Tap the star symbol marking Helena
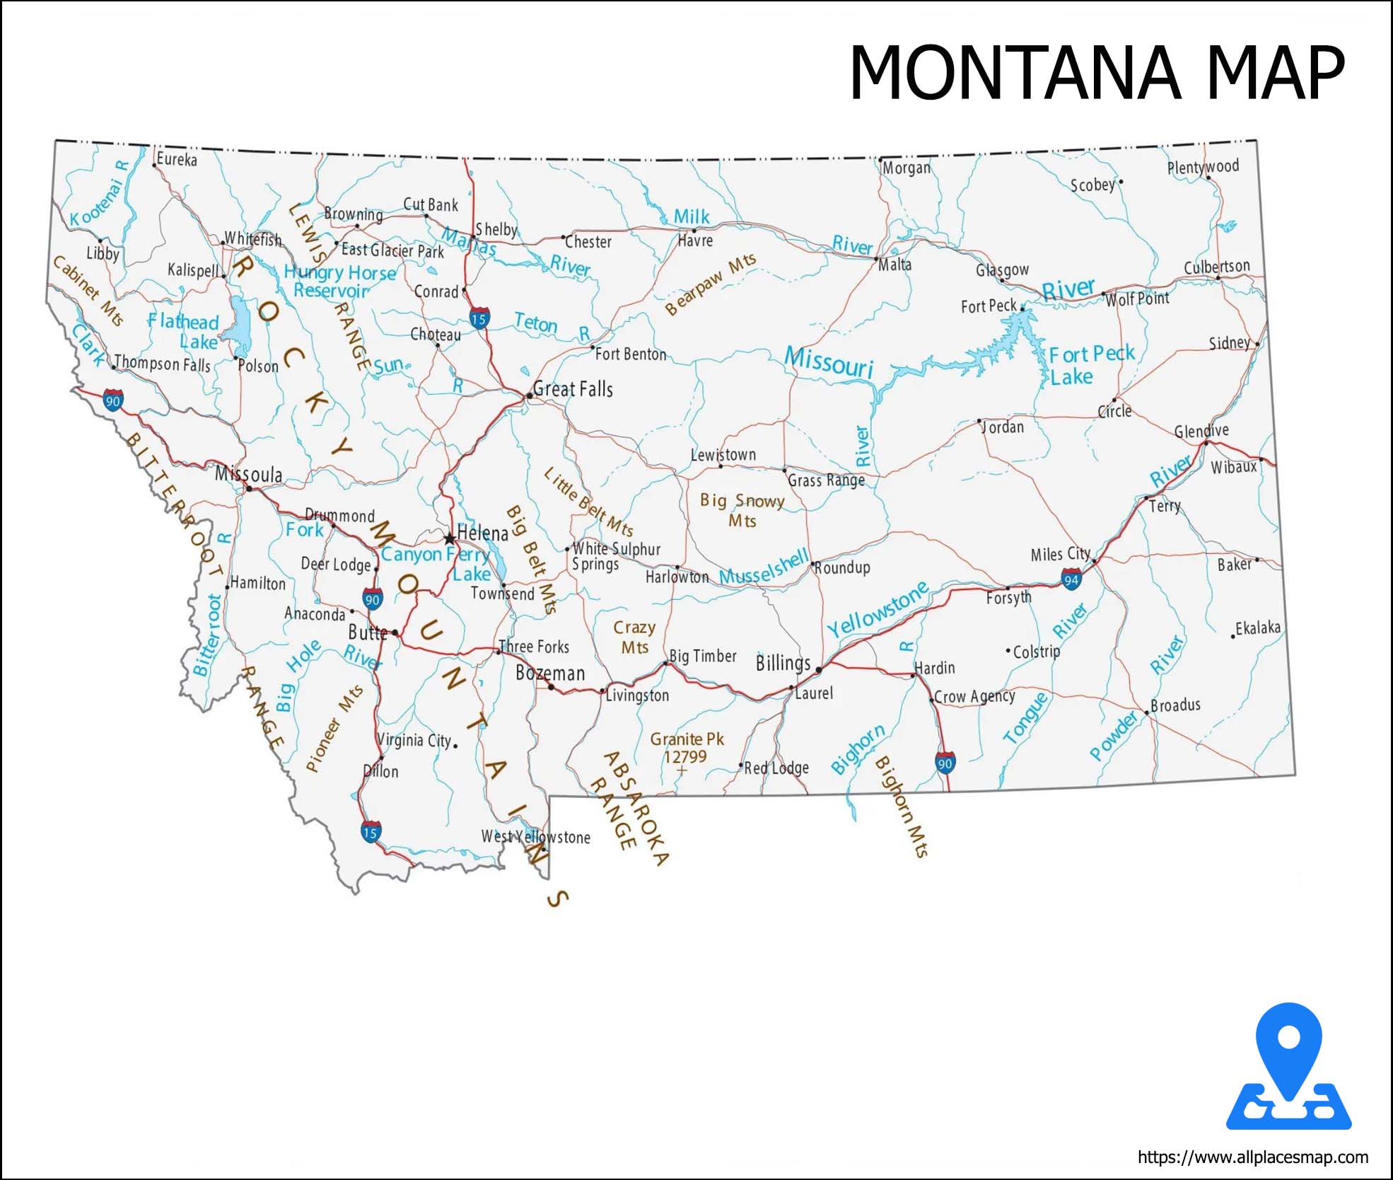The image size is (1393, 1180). click(450, 538)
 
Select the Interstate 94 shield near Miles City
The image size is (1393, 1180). click(1071, 580)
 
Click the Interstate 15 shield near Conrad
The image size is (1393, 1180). click(479, 318)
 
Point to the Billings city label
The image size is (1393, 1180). click(783, 663)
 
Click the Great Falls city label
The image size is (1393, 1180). click(573, 389)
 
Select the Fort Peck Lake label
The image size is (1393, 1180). click(1090, 364)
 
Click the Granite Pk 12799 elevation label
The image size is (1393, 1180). click(687, 748)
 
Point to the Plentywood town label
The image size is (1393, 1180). click(1203, 168)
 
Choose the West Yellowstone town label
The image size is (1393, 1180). click(535, 837)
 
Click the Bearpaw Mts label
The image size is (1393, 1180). click(710, 284)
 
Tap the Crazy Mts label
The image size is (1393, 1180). click(634, 637)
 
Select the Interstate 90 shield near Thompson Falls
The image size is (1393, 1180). click(112, 400)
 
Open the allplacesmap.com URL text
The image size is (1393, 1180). click(1252, 1157)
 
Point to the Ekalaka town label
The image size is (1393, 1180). click(1257, 627)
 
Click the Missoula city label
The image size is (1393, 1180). click(249, 474)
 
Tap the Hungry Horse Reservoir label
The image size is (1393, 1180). click(339, 281)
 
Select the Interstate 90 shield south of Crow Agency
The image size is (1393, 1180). click(945, 763)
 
